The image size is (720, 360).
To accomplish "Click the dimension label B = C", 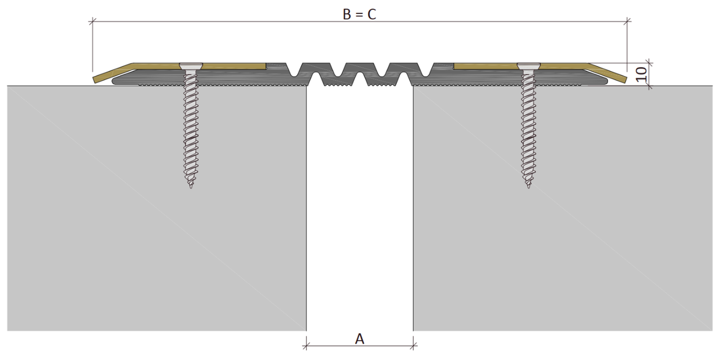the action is (x=359, y=15).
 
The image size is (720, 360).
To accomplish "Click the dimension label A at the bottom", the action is (x=359, y=339).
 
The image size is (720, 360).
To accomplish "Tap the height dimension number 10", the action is (x=641, y=75).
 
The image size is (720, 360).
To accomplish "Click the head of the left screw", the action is (x=191, y=66).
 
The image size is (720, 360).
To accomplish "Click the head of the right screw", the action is (x=529, y=66).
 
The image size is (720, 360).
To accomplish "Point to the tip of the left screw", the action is (x=191, y=188).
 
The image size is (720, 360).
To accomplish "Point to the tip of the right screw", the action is (x=529, y=188).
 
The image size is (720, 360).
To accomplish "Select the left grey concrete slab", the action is (x=156, y=208).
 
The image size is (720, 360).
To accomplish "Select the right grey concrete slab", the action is (x=563, y=208).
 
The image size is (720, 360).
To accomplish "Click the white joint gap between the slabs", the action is (x=359, y=209).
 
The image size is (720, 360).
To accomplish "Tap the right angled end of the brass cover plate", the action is (x=607, y=73).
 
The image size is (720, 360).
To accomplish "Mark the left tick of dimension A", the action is (x=307, y=346).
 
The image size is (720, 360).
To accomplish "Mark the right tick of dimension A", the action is (x=413, y=346).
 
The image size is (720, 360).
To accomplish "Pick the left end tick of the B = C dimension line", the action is (x=93, y=21).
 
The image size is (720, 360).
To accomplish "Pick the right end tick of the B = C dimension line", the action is (x=627, y=21).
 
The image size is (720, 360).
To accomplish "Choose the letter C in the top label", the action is (x=372, y=15).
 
